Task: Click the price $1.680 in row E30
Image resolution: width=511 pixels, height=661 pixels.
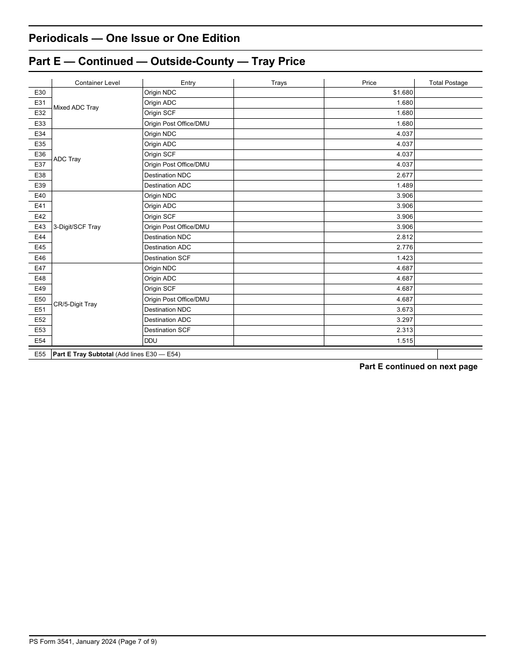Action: (x=403, y=92)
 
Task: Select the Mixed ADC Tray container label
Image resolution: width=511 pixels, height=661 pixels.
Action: (x=76, y=108)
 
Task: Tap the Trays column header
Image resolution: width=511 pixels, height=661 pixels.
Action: (x=279, y=83)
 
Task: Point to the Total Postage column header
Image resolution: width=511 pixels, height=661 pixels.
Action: (x=448, y=83)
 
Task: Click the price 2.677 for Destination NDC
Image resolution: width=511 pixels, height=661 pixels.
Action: (x=404, y=175)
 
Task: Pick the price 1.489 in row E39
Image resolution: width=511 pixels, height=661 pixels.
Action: (x=404, y=185)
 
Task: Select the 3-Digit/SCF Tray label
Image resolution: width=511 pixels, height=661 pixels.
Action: (x=76, y=227)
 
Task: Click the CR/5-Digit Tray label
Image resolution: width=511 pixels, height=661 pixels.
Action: (x=75, y=304)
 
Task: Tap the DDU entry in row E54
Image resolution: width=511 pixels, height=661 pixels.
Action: (x=151, y=341)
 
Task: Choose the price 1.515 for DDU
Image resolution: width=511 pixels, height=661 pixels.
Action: (x=404, y=341)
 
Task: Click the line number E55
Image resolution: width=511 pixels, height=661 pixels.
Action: (x=40, y=354)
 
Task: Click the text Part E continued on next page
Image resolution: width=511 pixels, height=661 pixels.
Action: (x=418, y=367)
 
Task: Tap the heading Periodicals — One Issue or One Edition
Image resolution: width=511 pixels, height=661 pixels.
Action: (x=134, y=38)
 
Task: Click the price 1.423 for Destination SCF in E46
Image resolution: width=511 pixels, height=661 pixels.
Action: (x=404, y=258)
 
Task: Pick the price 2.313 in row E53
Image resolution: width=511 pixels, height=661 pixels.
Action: (x=404, y=330)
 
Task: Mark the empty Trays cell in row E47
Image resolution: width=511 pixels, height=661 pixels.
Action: (x=279, y=268)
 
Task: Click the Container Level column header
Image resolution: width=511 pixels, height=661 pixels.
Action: (x=97, y=83)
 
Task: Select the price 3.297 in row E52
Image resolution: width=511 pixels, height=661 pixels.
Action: (x=404, y=320)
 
